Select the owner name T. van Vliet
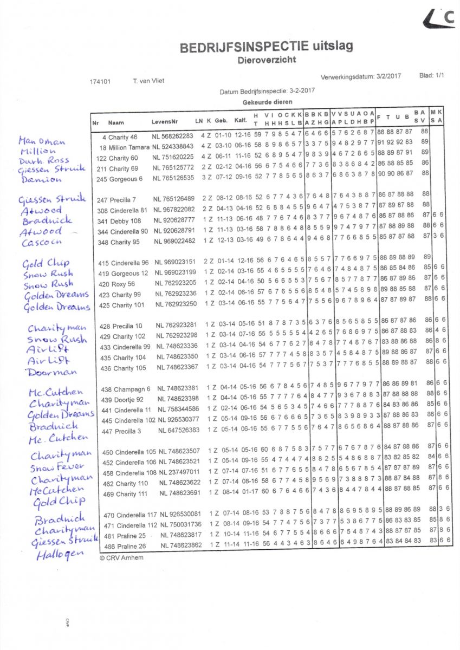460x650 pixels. [148, 81]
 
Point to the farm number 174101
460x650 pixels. [100, 82]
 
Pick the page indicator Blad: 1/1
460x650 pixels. [431, 76]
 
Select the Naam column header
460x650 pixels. [116, 123]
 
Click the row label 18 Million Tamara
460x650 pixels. [124, 147]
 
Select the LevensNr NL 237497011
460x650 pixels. [179, 472]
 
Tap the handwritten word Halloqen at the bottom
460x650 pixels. [54, 555]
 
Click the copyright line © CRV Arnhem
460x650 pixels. [121, 557]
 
